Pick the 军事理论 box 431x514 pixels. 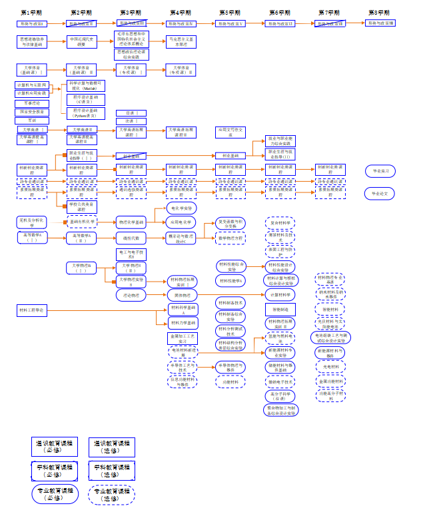click(31, 103)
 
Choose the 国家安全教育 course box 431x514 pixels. click(31, 112)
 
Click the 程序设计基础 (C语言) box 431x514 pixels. click(85, 99)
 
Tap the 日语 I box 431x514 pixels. click(131, 113)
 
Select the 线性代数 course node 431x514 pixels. click(131, 237)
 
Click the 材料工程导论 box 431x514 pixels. click(31, 310)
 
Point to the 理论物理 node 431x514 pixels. click(131, 294)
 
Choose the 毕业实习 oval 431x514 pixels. click(380, 171)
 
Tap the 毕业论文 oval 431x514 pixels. click(380, 194)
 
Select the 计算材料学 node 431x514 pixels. click(280, 294)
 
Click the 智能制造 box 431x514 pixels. click(280, 310)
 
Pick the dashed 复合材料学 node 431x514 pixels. click(280, 223)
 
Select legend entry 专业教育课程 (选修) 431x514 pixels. click(111, 494)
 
